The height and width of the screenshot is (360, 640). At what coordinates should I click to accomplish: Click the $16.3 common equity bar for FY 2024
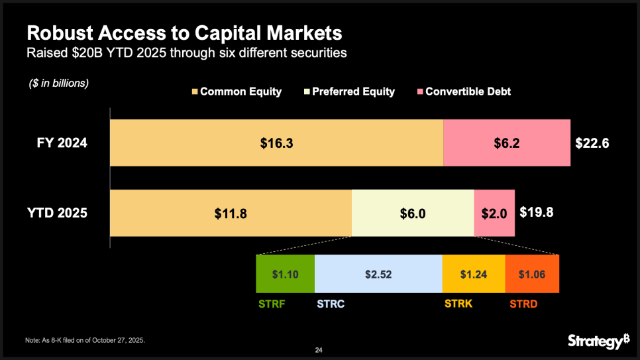(276, 143)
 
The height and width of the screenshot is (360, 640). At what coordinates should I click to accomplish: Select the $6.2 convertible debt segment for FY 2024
(506, 143)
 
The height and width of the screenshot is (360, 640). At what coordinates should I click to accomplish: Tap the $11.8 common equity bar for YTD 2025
(230, 213)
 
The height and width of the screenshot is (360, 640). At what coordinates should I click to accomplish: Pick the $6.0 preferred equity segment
(412, 213)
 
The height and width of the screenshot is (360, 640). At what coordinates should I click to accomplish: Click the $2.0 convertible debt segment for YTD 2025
(494, 213)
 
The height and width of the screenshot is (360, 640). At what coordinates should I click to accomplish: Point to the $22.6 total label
(592, 143)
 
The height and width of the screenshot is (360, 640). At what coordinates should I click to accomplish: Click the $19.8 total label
(536, 213)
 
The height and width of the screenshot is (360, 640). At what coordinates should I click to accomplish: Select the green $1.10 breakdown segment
(285, 274)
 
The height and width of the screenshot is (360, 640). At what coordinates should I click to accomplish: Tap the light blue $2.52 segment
(378, 274)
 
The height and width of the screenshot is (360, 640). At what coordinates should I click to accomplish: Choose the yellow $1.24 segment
(473, 274)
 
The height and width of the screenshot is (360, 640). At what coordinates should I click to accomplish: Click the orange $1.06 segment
(531, 274)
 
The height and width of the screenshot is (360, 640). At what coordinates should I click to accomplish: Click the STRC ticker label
(330, 305)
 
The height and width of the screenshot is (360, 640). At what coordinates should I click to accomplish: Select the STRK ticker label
(458, 305)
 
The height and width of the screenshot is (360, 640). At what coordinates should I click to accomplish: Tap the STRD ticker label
(524, 305)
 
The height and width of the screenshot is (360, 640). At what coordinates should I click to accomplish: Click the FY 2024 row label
(62, 143)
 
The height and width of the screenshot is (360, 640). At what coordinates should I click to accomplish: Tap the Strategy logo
(598, 341)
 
